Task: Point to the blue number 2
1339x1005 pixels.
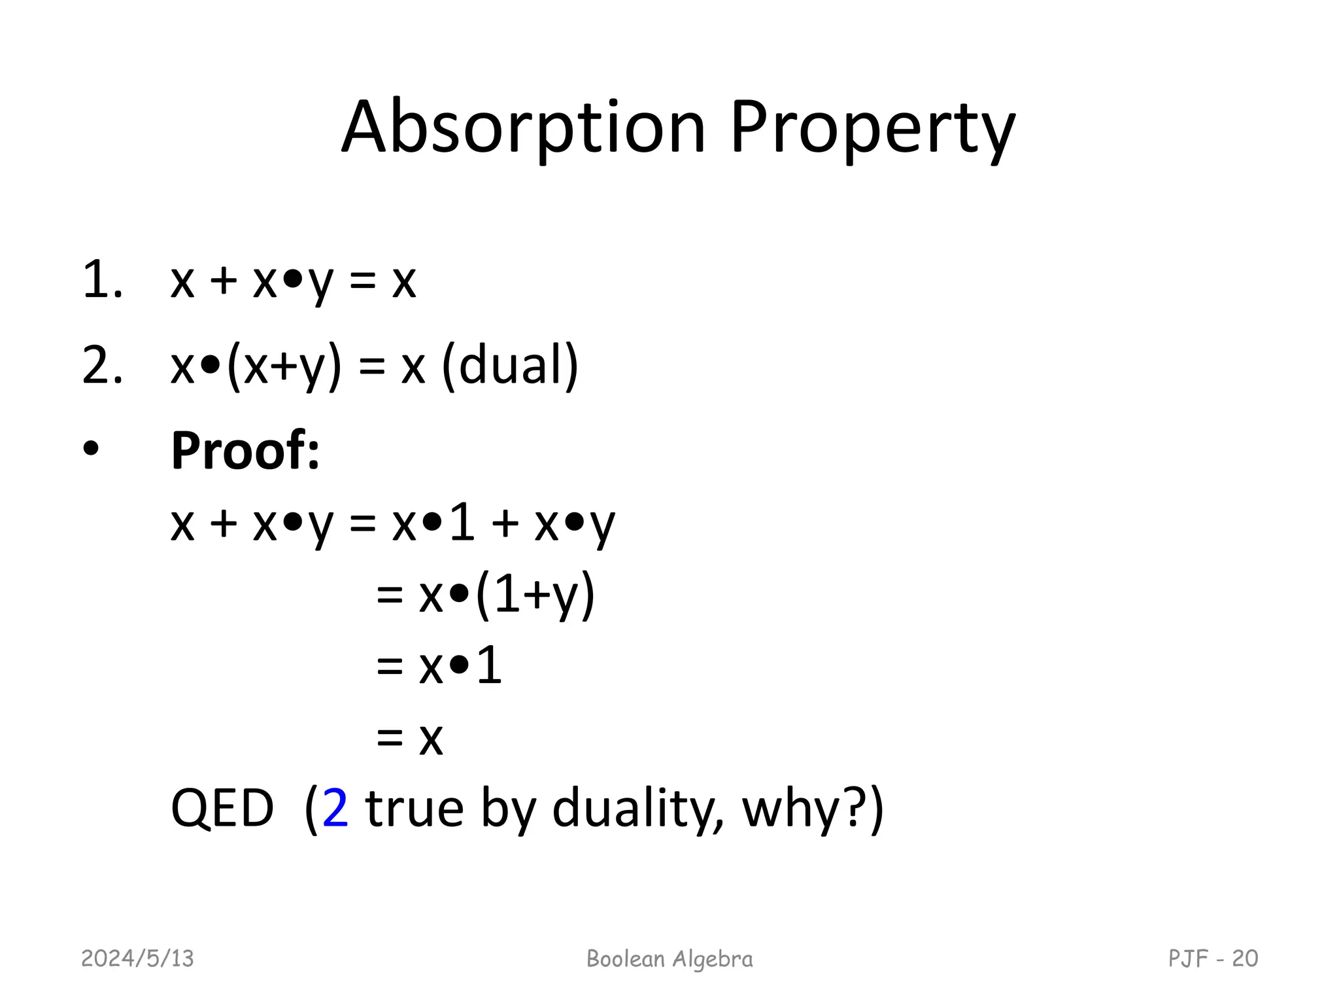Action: pos(335,809)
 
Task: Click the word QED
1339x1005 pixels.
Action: pos(222,809)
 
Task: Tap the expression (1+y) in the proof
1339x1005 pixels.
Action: pos(535,594)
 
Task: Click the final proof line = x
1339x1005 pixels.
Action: pos(410,738)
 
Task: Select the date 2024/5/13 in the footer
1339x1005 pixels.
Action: pos(137,959)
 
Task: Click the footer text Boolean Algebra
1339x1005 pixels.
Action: pos(669,959)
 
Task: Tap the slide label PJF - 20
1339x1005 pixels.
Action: pos(1213,959)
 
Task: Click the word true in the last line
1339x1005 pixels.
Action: pos(415,809)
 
